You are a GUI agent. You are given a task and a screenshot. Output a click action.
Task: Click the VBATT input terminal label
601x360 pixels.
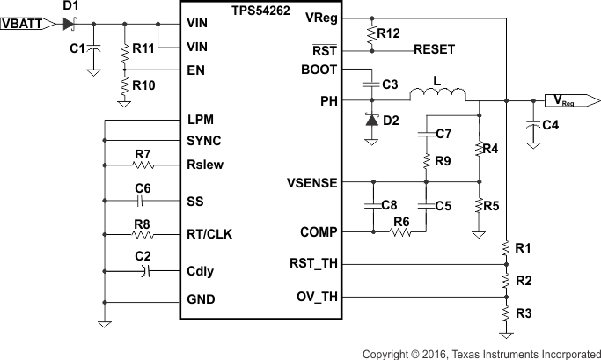point(26,25)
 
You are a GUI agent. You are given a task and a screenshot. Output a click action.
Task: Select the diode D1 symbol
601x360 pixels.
point(69,24)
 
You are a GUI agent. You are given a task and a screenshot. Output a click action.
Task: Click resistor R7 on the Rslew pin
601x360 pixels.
point(143,164)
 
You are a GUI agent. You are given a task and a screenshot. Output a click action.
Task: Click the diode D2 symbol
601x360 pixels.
point(371,120)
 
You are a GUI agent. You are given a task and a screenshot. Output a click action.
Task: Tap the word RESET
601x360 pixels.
point(435,50)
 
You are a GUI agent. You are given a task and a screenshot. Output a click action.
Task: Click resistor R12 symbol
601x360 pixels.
point(371,33)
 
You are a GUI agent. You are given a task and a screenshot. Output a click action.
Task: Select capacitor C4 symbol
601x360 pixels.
point(531,126)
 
